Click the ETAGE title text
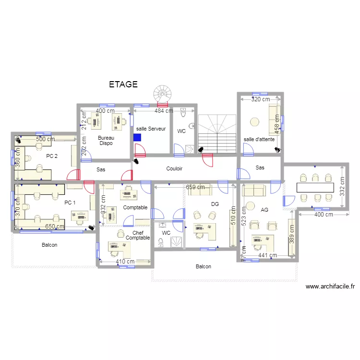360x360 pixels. [123, 84]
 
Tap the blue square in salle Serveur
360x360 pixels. [137, 137]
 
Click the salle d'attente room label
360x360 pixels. [259, 139]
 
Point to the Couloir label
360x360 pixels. [174, 168]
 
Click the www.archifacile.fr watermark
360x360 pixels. [330, 287]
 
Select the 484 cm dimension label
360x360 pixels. [163, 111]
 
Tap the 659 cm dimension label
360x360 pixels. [195, 187]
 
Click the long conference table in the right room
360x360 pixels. [315, 187]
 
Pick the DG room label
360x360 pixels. [215, 204]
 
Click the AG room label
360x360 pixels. [264, 210]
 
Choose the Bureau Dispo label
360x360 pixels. [106, 140]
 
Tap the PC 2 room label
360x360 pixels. [52, 156]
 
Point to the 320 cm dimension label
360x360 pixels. [260, 99]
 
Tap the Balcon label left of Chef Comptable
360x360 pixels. [49, 245]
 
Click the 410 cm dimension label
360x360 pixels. [125, 262]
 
